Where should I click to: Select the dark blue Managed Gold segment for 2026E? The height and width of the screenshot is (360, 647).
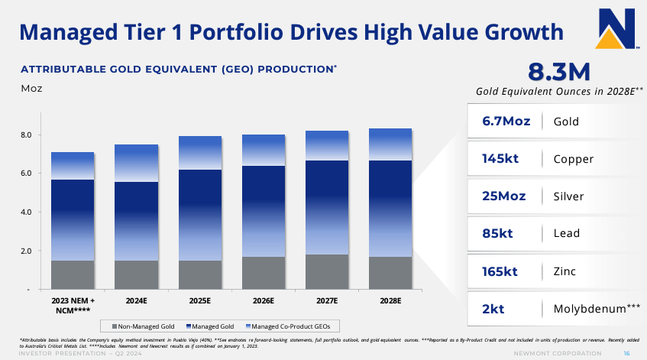(264, 210)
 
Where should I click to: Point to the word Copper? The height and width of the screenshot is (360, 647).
(573, 159)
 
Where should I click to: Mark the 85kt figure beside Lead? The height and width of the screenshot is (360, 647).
(500, 233)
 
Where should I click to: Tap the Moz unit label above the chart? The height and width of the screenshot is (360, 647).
(31, 89)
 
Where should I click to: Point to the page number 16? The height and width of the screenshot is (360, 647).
(626, 353)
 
